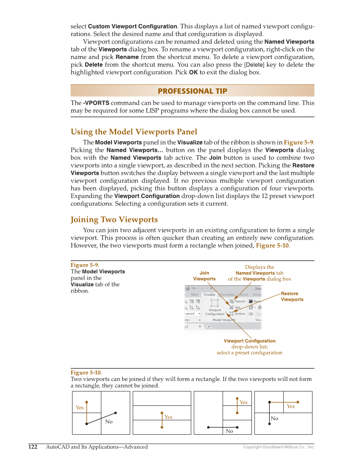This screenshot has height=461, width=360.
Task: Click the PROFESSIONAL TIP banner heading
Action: pyautogui.click(x=192, y=91)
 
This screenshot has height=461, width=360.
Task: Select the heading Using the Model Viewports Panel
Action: pyautogui.click(x=134, y=132)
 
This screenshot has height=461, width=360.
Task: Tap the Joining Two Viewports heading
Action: pyautogui.click(x=114, y=220)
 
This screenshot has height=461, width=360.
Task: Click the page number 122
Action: pyautogui.click(x=33, y=447)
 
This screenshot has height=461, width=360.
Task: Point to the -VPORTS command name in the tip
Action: pyautogui.click(x=96, y=103)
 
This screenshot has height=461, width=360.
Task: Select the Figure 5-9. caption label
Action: pyautogui.click(x=85, y=265)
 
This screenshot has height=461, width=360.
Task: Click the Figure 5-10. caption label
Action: pyautogui.click(x=86, y=373)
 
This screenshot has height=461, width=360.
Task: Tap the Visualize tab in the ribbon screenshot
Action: pyautogui.click(x=209, y=294)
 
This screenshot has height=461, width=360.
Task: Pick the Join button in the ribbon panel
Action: pyautogui.click(x=235, y=307)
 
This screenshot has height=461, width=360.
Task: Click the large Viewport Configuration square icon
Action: pyautogui.click(x=215, y=303)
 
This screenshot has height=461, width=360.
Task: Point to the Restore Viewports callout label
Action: pyautogui.click(x=292, y=296)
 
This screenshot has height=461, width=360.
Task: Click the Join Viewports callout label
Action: pyautogui.click(x=204, y=276)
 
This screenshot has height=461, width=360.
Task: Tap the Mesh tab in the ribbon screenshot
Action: pyautogui.click(x=194, y=294)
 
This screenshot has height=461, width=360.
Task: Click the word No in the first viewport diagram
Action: pyautogui.click(x=109, y=422)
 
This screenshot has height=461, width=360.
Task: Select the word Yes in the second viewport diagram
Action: pyautogui.click(x=168, y=417)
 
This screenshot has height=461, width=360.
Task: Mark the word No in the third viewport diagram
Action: pyautogui.click(x=229, y=431)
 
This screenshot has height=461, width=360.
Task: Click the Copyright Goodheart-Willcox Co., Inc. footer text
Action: pyautogui.click(x=279, y=447)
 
